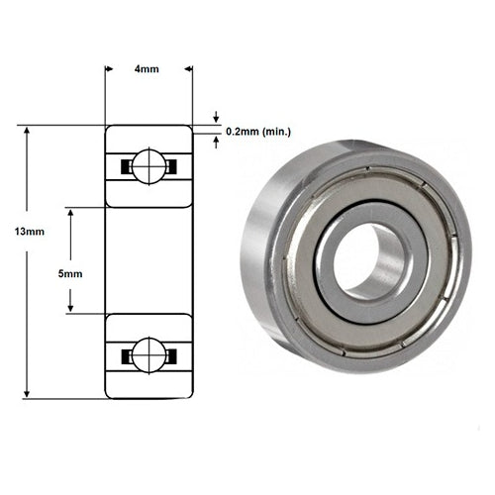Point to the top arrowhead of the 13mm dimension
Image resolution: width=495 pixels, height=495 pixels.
(28, 130)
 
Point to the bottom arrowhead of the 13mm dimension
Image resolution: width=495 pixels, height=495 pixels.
(28, 393)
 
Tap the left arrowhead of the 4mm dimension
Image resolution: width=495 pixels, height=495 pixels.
(110, 69)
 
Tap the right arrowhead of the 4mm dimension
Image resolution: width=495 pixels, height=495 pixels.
(187, 69)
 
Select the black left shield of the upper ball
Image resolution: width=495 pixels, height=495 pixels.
(126, 166)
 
